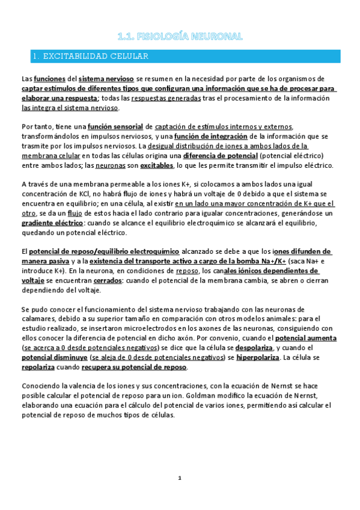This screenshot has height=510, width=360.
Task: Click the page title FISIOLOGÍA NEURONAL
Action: (180, 37)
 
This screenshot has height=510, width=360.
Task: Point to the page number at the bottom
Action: (179, 478)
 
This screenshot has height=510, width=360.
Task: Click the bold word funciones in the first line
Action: (49, 79)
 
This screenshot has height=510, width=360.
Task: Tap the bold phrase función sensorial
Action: (116, 126)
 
